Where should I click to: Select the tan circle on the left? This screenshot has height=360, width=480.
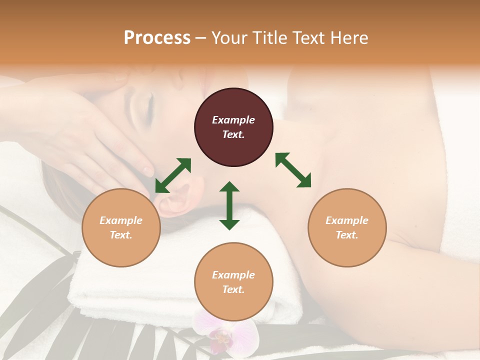coord(121,227)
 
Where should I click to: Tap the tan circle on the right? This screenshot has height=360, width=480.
coord(347,227)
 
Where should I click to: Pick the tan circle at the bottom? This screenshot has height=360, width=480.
coord(233,281)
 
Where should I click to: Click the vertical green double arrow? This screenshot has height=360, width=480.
coord(229,205)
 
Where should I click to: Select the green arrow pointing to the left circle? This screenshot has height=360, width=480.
coord(173,175)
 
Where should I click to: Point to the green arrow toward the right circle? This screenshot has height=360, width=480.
coord(293,170)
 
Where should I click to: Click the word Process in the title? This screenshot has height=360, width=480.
coord(157,38)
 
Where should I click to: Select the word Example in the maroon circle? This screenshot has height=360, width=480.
coord(233,120)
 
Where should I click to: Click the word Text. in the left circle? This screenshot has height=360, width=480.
coord(121,235)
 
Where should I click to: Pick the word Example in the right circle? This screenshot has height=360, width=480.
coord(347,220)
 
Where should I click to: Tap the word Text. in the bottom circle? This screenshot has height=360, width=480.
coord(233,289)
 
